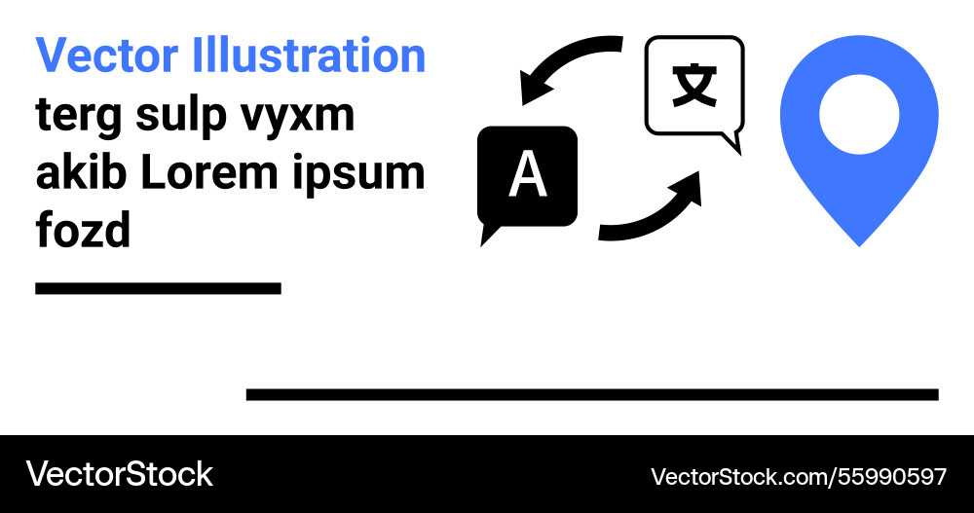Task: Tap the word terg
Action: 80,116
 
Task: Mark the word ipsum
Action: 371,175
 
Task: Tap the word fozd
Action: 84,231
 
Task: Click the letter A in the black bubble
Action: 527,176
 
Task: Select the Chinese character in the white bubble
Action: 693,86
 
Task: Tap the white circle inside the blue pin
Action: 858,114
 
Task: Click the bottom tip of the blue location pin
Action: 858,241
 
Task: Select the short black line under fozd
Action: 158,288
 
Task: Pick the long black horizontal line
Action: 592,394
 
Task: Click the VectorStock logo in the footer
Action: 119,474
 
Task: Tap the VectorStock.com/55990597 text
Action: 798,476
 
